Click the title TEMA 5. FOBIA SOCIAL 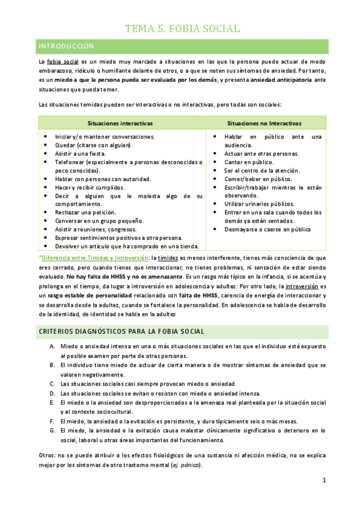pos(183,28)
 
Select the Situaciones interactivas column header pos(120,123)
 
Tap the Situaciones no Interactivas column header pos(264,123)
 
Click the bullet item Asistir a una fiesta pos(81,154)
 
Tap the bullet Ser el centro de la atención pos(257,170)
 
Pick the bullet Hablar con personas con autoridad pos(103,179)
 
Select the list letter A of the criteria pos(53,347)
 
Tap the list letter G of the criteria pos(53,430)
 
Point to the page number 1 pos(324,480)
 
